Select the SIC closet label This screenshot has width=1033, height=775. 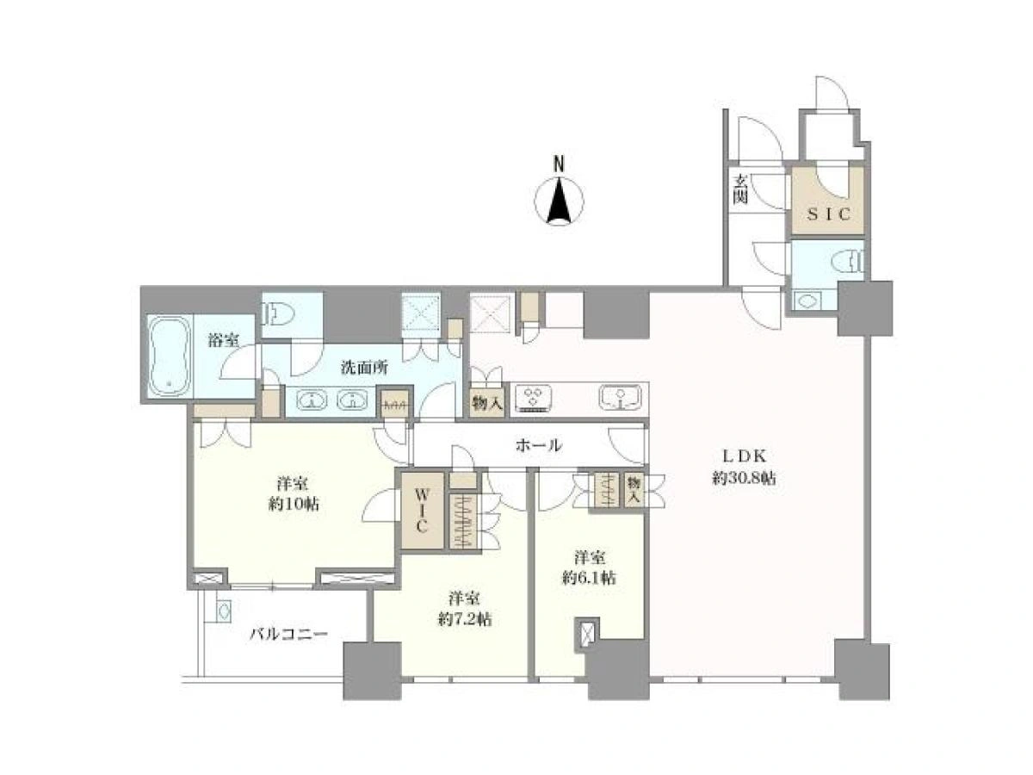829,214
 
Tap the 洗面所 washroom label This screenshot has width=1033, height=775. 364,368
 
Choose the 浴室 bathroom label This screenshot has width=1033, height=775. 223,340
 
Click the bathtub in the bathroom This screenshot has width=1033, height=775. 169,356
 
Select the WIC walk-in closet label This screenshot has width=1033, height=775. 421,511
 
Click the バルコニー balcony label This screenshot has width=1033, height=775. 288,635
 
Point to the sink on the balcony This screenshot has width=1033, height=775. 224,612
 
